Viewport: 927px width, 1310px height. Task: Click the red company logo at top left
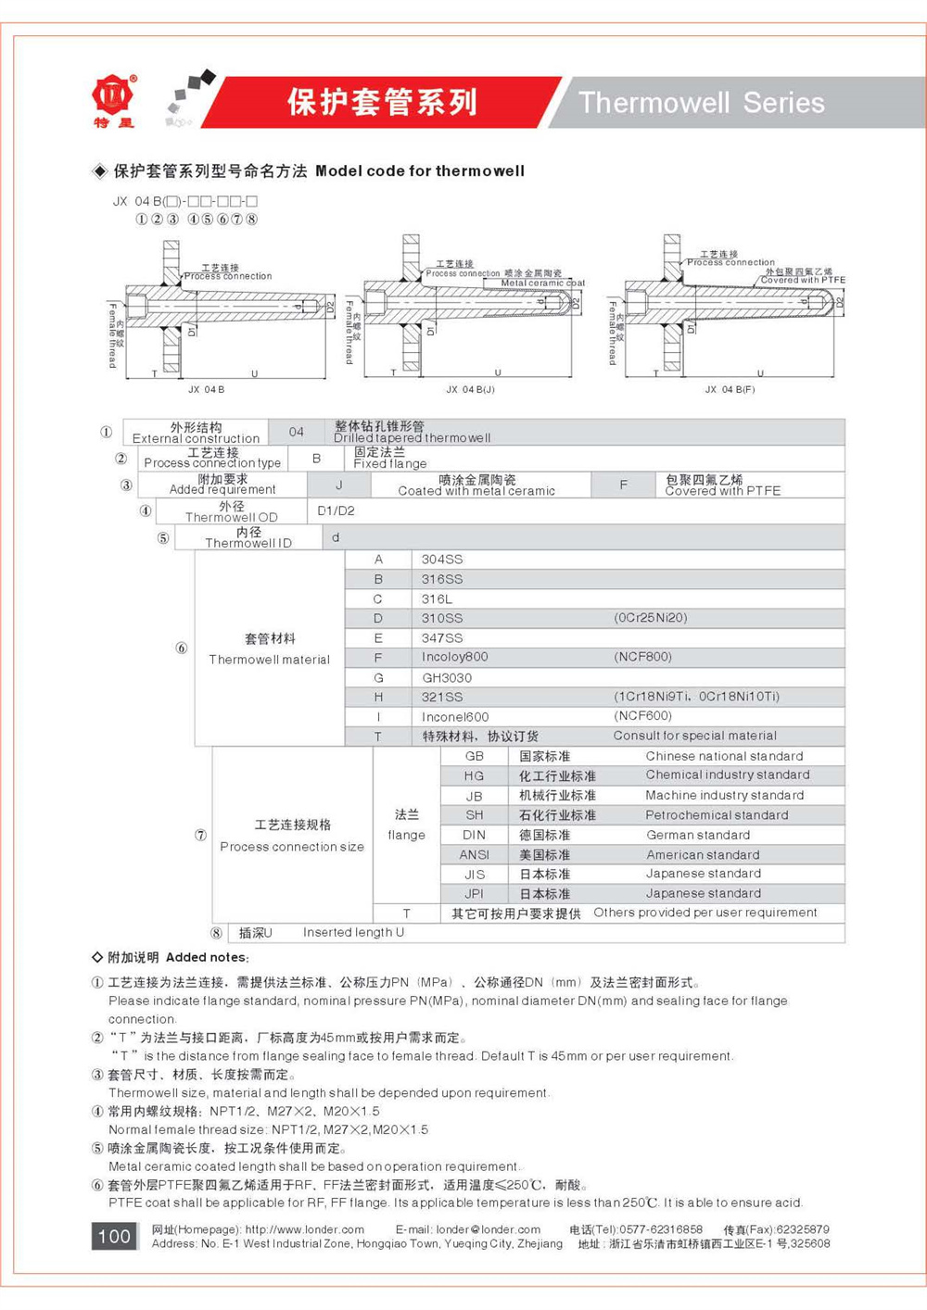[113, 95]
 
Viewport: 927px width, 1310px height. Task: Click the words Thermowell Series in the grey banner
[701, 103]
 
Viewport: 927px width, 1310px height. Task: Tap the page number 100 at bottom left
[114, 1236]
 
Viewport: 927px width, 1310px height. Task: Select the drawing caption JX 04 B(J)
[470, 390]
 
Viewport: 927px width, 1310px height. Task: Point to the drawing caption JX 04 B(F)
[730, 390]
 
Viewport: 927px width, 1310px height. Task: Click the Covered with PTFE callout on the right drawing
[803, 280]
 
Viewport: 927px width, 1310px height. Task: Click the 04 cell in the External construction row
[296, 432]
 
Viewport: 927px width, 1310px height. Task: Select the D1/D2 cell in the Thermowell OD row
[336, 510]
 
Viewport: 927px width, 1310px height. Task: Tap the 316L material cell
[437, 599]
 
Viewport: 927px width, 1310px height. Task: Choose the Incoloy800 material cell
[454, 657]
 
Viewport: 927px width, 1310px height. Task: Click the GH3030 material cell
[447, 678]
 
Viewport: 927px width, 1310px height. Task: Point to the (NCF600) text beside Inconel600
[642, 716]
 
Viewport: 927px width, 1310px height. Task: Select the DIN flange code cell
[475, 835]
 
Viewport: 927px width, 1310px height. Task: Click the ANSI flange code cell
[475, 855]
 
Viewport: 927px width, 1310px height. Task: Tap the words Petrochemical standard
[717, 815]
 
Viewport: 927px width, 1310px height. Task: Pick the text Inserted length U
[353, 933]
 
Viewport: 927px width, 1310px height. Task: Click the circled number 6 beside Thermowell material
[182, 648]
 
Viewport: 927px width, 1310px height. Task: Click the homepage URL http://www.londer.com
[304, 1229]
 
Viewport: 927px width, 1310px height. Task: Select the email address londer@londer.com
[488, 1229]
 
